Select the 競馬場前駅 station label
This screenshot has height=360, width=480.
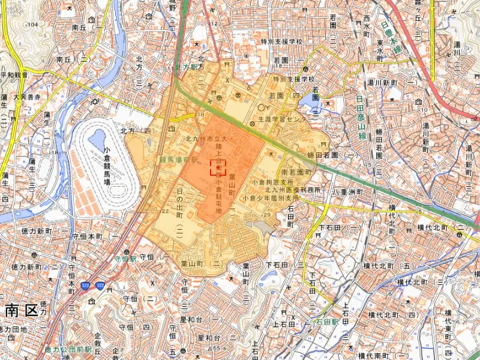[x=178, y=160]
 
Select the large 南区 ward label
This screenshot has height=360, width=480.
[x=21, y=310]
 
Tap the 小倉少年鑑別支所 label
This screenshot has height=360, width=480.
[x=271, y=197]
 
